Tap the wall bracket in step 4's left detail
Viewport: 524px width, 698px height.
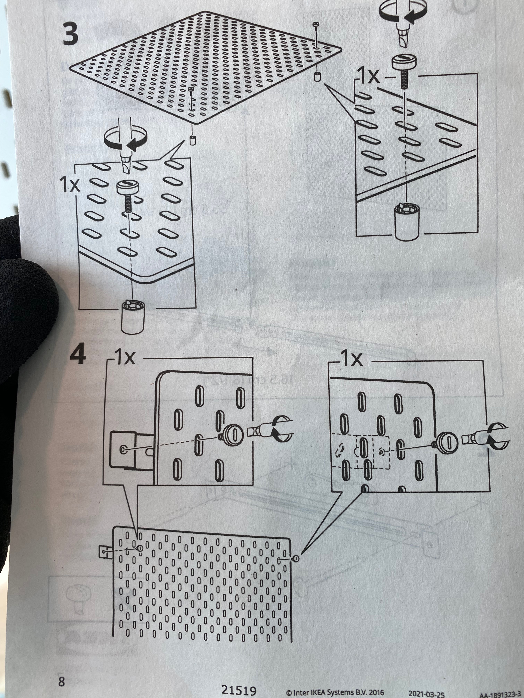tap(126, 449)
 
